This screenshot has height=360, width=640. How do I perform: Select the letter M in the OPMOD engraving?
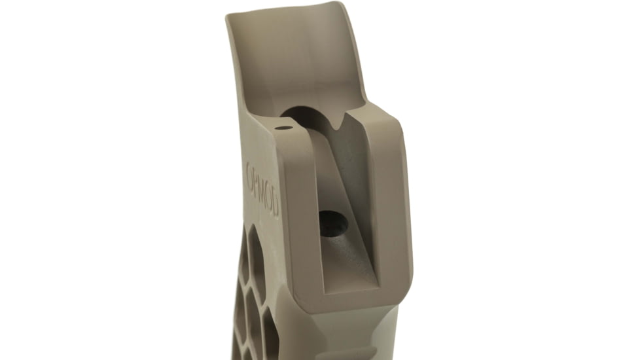pyautogui.click(x=264, y=190)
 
